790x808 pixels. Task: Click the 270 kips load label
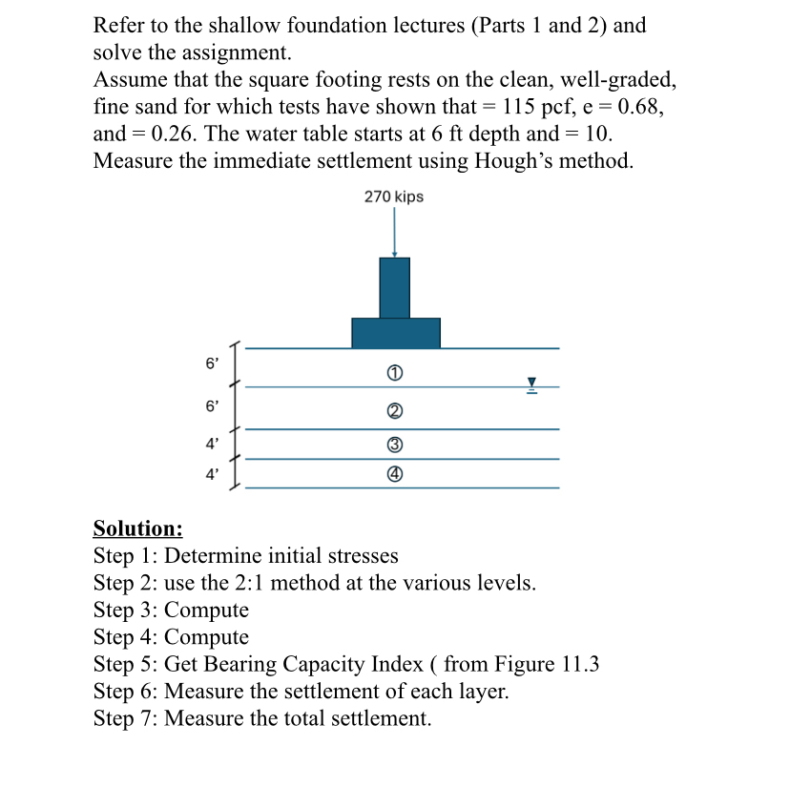pyautogui.click(x=394, y=197)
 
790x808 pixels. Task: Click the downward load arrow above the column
pyautogui.click(x=394, y=234)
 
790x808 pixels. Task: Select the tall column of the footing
pyautogui.click(x=394, y=287)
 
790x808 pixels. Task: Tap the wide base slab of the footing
pyautogui.click(x=395, y=333)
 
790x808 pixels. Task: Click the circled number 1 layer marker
pyautogui.click(x=394, y=371)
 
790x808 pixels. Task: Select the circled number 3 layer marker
pyautogui.click(x=394, y=445)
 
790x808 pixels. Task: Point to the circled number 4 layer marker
pyautogui.click(x=394, y=474)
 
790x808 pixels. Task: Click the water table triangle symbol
pyautogui.click(x=533, y=383)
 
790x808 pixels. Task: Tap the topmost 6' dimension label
pyautogui.click(x=212, y=363)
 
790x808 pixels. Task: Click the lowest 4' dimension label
pyautogui.click(x=212, y=472)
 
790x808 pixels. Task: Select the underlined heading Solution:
pyautogui.click(x=137, y=528)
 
